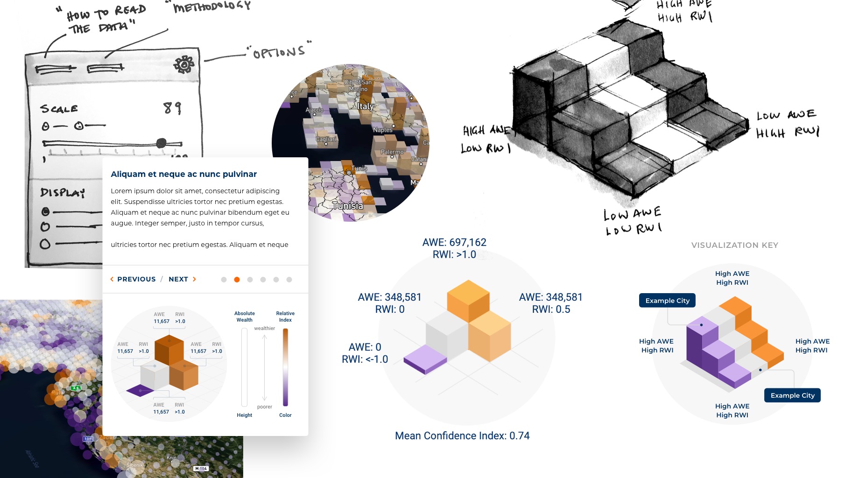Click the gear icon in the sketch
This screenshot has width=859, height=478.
coord(184,64)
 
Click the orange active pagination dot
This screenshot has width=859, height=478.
coord(237,280)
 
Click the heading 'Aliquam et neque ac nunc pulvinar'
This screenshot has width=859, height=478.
coord(183,174)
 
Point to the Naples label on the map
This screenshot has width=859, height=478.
coord(382,130)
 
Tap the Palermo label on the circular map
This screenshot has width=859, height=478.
coord(392,152)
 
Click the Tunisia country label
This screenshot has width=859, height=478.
coord(347,205)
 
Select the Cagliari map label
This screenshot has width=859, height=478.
coord(325,139)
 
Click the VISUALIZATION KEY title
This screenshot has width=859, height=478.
coord(734,245)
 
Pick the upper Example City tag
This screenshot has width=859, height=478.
coord(667,301)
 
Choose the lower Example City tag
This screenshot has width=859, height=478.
coord(792,395)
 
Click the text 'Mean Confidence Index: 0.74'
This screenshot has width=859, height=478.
coord(462,436)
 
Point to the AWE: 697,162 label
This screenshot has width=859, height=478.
coord(454,242)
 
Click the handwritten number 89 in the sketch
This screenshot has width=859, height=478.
coord(172,108)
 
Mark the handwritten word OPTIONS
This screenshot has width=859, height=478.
coord(279,52)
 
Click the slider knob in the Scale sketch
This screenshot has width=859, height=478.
coord(161,143)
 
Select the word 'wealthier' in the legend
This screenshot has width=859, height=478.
coord(264,328)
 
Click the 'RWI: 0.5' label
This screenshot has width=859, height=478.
coord(551,309)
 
